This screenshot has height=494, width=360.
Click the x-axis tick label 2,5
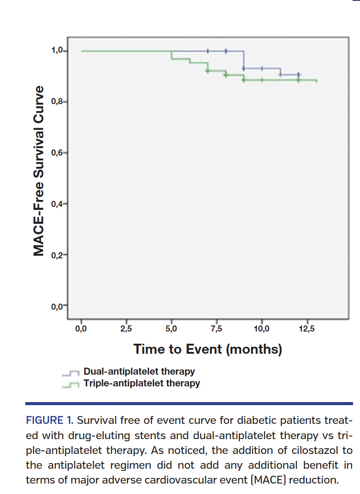pos(126,328)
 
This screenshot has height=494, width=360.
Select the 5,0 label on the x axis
pos(171,328)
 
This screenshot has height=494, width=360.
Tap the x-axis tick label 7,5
pos(216,328)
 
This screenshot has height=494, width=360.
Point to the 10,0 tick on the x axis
pos(262,328)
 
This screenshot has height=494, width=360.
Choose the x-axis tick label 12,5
pos(306,328)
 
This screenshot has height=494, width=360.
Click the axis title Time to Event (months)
pos(207,349)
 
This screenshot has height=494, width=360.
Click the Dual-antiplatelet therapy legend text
pos(139,372)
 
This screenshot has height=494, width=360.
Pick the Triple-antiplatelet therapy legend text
pos(142,383)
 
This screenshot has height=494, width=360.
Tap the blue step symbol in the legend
pos(71,373)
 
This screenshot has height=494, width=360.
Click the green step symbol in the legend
pos(71,384)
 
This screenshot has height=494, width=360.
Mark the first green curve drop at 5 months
pos(171,55)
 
